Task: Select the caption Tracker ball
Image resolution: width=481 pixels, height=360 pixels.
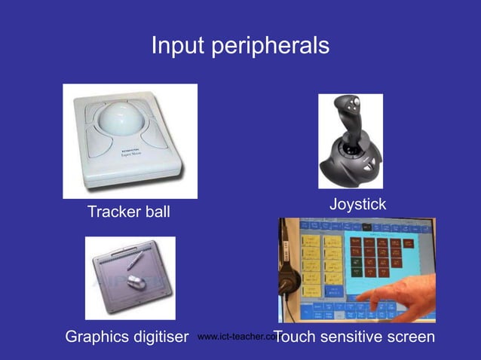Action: click(x=129, y=212)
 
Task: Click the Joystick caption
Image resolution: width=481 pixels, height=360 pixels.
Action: click(x=357, y=204)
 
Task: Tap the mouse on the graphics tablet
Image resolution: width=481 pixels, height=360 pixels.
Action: click(x=136, y=282)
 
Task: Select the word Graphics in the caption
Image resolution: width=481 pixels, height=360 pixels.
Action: click(x=98, y=337)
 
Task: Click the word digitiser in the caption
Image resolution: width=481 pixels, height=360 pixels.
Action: click(x=161, y=336)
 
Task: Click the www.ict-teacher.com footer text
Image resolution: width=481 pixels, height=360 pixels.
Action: click(x=234, y=337)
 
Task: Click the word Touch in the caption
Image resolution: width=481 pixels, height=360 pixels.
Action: click(x=295, y=336)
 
